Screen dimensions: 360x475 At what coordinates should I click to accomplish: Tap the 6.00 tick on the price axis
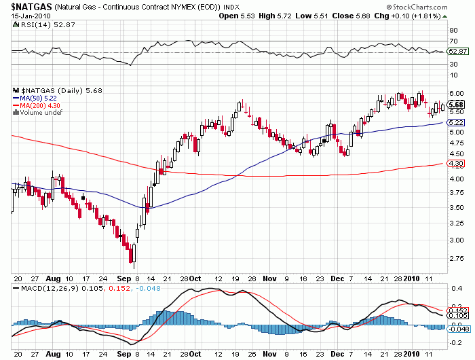[x=457, y=93]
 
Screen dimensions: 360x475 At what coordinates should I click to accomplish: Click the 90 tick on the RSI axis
[x=453, y=31]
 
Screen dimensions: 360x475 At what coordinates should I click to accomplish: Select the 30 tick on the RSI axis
[x=453, y=64]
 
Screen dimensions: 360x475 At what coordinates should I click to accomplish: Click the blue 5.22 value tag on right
[x=457, y=122]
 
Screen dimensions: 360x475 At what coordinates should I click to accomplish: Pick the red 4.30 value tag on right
[x=457, y=164]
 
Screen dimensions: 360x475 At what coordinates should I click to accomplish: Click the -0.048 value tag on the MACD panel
[x=459, y=329]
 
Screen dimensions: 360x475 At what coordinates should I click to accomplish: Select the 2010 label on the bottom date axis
[x=411, y=278]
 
